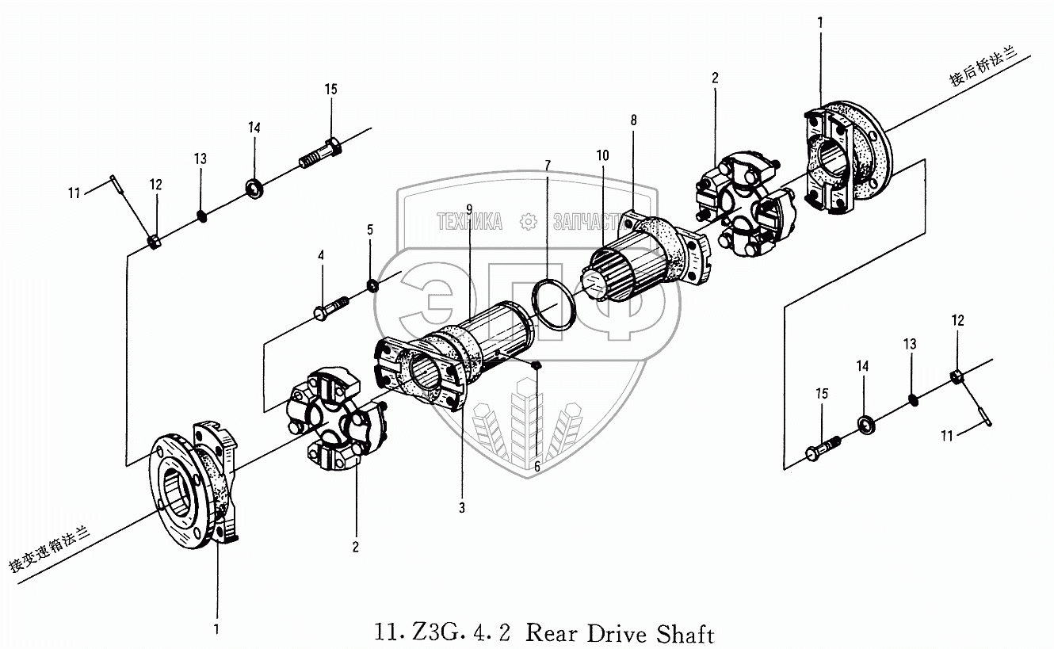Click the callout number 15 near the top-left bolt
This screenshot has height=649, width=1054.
coord(330,90)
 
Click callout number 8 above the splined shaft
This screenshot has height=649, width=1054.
coord(633,120)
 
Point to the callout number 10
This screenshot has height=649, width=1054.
coord(603,155)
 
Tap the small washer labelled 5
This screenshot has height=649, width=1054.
coord(371,284)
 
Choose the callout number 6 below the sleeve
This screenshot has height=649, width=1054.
coord(537,467)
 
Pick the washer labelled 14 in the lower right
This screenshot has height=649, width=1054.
coord(865,422)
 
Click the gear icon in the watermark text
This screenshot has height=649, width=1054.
coord(527,222)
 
